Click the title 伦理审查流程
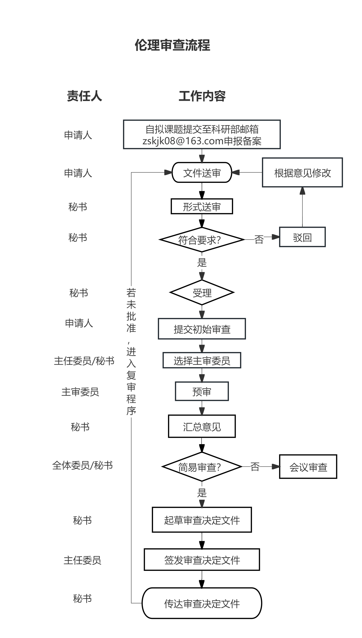[172, 45]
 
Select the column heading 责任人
[84, 96]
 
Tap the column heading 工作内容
[202, 96]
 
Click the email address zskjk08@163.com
[183, 141]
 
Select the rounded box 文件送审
[202, 173]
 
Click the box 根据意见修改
[302, 173]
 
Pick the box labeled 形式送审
[202, 207]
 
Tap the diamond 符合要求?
[202, 240]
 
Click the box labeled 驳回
[302, 237]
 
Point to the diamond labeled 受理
[202, 293]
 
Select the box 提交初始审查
[202, 329]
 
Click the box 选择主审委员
[202, 361]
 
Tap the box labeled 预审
[202, 391]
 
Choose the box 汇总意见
[202, 427]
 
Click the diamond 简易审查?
[202, 467]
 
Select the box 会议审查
[308, 467]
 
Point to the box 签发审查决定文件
[202, 560]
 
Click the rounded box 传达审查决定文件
[202, 603]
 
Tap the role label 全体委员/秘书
[82, 465]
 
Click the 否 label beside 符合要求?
[259, 239]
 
